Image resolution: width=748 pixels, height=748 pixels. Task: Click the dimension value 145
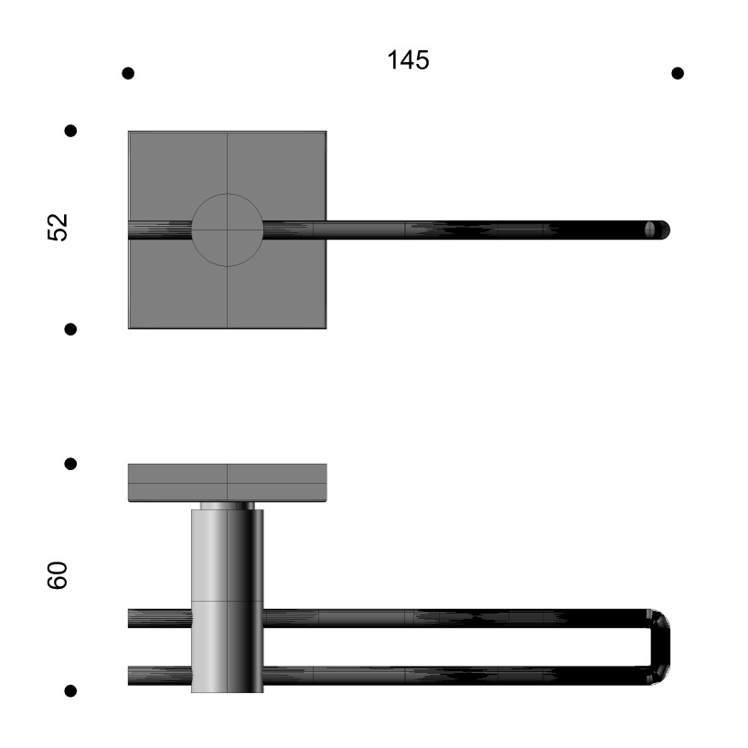point(408,60)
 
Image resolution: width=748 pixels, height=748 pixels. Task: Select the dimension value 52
point(58,228)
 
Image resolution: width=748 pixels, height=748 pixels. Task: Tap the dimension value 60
point(58,575)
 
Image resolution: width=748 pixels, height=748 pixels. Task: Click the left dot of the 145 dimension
point(128,73)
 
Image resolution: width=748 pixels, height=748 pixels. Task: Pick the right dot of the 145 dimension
point(678,73)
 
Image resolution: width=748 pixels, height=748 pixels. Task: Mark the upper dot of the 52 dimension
point(70,131)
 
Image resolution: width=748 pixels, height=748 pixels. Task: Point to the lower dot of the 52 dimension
point(70,329)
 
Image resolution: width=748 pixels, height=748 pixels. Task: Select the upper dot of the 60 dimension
point(70,464)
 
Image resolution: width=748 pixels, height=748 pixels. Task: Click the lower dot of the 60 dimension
point(70,690)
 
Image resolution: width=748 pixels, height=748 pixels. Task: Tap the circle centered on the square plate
point(228,230)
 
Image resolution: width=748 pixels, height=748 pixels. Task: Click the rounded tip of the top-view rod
point(658,230)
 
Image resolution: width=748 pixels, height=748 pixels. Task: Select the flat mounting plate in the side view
point(228,482)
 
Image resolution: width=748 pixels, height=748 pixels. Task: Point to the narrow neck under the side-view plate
point(228,506)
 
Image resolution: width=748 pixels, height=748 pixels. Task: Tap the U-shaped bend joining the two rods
point(661,646)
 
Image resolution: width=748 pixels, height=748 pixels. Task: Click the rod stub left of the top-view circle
point(159,230)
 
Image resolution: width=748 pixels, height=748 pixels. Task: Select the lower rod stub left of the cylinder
point(159,676)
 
